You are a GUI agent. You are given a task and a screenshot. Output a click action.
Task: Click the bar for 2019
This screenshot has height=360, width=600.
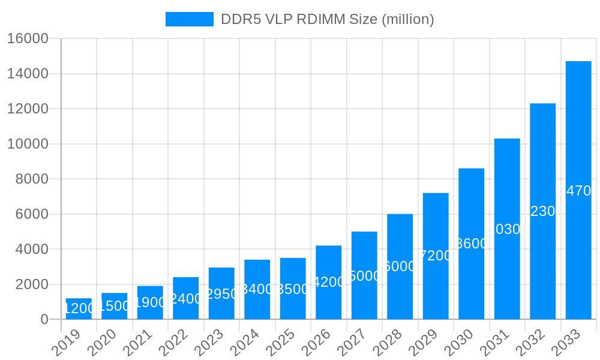coord(79,308)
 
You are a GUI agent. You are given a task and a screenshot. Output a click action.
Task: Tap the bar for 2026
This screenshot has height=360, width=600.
coord(328,282)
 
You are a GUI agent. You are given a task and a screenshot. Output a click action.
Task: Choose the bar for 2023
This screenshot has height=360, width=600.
coord(221,293)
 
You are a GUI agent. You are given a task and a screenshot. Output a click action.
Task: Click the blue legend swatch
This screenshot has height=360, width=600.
coord(190,19)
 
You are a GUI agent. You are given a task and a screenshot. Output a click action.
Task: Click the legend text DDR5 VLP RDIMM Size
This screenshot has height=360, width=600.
coord(327,19)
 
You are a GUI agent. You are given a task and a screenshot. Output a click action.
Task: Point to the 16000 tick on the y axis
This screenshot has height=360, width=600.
coord(28,39)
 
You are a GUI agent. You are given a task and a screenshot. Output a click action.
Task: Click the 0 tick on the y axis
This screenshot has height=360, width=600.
coord(44,320)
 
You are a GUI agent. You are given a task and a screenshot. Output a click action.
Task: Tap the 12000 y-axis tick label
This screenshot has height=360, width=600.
coord(28,109)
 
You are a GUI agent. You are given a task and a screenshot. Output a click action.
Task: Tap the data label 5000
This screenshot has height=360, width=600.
coord(364,276)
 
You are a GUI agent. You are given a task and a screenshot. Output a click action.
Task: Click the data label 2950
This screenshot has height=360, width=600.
coord(221,294)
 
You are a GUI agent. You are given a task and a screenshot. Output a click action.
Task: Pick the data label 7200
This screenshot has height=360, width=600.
coord(436,256)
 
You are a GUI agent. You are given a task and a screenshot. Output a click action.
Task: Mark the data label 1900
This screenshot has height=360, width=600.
coord(150,302)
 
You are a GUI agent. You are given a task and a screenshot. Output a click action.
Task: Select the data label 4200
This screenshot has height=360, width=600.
coord(328,282)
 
